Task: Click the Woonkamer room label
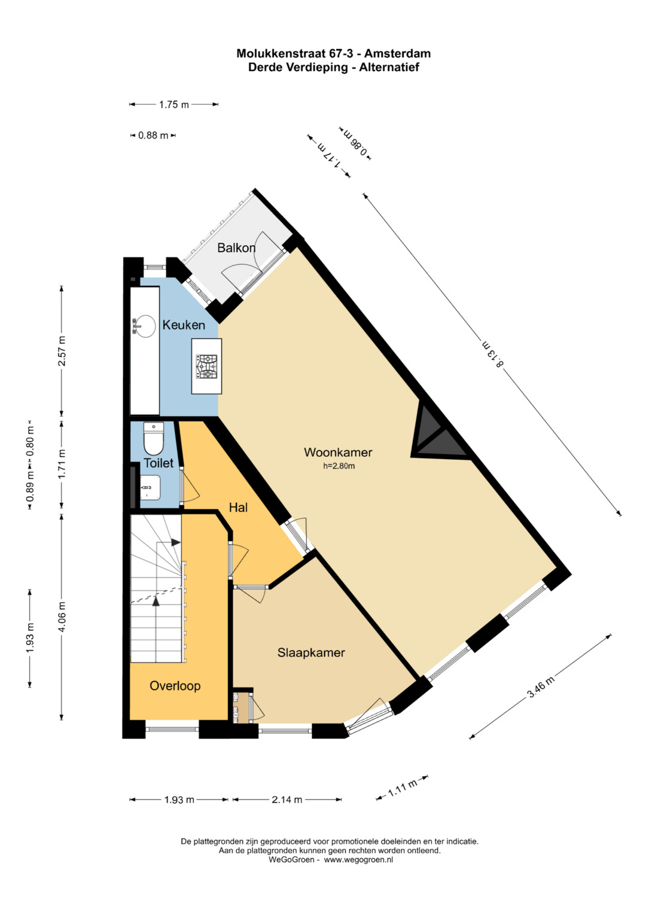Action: tap(338, 452)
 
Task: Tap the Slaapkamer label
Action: tap(311, 652)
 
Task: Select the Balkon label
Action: tap(236, 248)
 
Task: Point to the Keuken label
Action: tap(184, 325)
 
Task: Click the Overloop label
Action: tap(175, 686)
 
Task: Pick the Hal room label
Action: tap(238, 507)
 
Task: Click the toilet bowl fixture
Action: tap(154, 439)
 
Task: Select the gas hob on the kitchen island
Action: tap(207, 367)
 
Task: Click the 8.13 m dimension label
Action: tap(493, 353)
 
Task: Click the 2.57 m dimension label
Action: tap(63, 351)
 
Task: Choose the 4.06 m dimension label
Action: tap(62, 616)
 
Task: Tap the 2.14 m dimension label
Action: tap(287, 799)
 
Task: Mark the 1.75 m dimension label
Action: tap(173, 105)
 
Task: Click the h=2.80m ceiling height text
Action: tap(339, 466)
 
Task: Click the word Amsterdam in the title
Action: tap(397, 53)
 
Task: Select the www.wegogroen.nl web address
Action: tap(358, 860)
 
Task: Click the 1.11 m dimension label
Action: tap(403, 788)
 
